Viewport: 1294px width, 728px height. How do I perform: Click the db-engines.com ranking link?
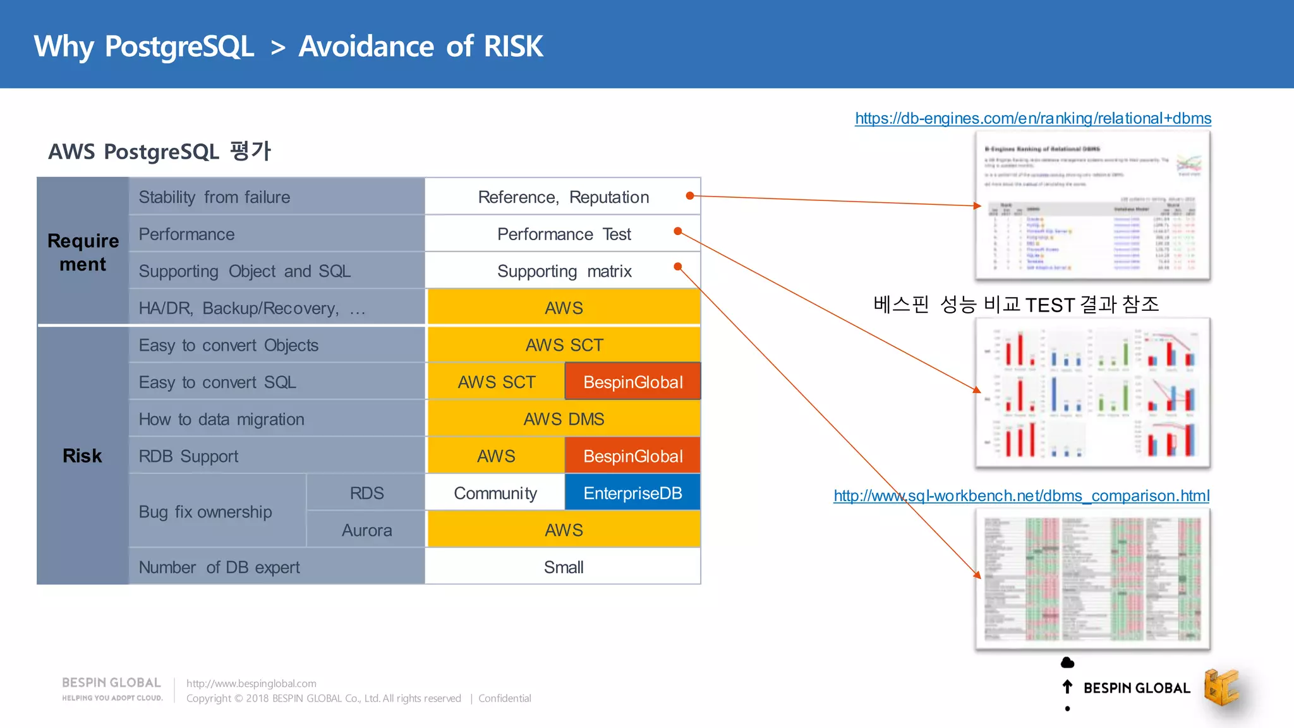1032,118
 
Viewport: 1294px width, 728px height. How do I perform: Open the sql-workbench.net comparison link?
1021,496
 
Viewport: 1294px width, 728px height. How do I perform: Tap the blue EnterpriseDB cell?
632,493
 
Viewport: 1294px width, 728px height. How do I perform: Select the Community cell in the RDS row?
495,493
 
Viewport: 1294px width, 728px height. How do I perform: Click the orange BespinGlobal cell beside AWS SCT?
632,382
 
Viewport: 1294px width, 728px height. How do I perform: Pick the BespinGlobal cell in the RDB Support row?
632,456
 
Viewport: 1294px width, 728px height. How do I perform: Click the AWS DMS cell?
564,419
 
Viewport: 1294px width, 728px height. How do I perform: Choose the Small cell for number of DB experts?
563,567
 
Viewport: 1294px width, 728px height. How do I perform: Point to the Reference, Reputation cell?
563,197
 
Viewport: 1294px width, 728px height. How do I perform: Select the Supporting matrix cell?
564,271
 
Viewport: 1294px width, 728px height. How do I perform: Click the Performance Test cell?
564,234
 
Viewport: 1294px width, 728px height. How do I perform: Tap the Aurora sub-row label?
366,530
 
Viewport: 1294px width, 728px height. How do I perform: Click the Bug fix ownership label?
205,512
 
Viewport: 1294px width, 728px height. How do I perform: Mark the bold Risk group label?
82,456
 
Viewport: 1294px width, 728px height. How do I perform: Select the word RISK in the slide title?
513,46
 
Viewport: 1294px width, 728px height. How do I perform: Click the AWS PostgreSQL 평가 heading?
159,152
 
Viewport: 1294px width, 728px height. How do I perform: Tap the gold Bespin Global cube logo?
1221,688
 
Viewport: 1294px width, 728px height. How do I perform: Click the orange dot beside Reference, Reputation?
690,196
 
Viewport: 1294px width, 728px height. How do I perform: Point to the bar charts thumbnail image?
1092,393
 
